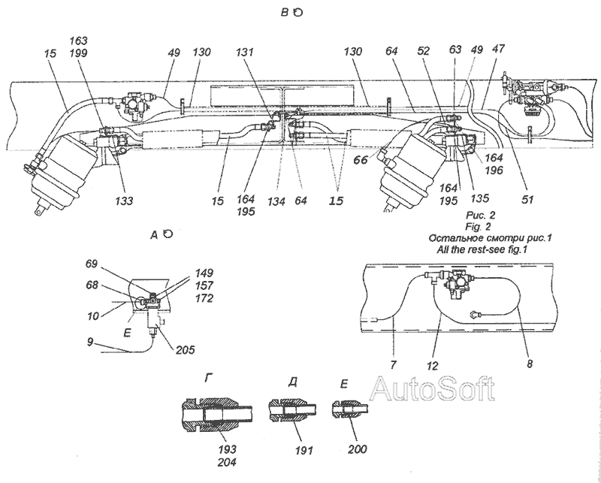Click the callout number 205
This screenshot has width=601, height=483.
pos(186,349)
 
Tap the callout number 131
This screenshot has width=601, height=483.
pos(245,52)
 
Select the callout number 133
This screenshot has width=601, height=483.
pos(124,201)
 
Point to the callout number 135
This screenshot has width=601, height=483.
pos(480,198)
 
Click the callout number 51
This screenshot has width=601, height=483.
pos(527,199)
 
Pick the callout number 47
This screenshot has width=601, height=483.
pos(499,49)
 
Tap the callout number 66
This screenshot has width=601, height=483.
pos(361,160)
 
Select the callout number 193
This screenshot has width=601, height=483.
pos(227,449)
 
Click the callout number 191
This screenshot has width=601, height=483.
pos(304,450)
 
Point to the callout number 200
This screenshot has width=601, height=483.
pos(358,449)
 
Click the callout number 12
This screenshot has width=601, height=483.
pos(432,367)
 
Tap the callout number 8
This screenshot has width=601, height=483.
pos(530,364)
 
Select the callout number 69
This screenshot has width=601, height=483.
pos(92,264)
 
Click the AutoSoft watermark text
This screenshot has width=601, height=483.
pos(433,389)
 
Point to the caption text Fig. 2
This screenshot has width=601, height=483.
pos(478,227)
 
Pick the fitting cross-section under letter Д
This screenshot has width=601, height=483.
pos(292,411)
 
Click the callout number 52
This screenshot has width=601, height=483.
pos(424,51)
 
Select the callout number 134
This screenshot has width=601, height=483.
pos(276,201)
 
